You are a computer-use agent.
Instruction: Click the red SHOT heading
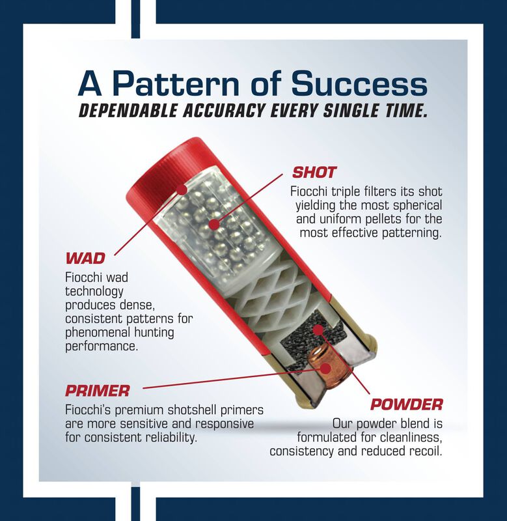tap(314, 173)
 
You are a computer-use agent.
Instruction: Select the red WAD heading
tap(85, 258)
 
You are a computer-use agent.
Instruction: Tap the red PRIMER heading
tap(97, 391)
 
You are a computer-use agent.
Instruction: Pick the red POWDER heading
tap(406, 404)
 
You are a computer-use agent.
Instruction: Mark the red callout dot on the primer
tap(325, 369)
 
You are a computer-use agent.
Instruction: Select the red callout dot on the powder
tap(318, 330)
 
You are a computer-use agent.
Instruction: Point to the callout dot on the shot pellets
tap(215, 225)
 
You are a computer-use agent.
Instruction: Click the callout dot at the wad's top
tap(182, 190)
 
